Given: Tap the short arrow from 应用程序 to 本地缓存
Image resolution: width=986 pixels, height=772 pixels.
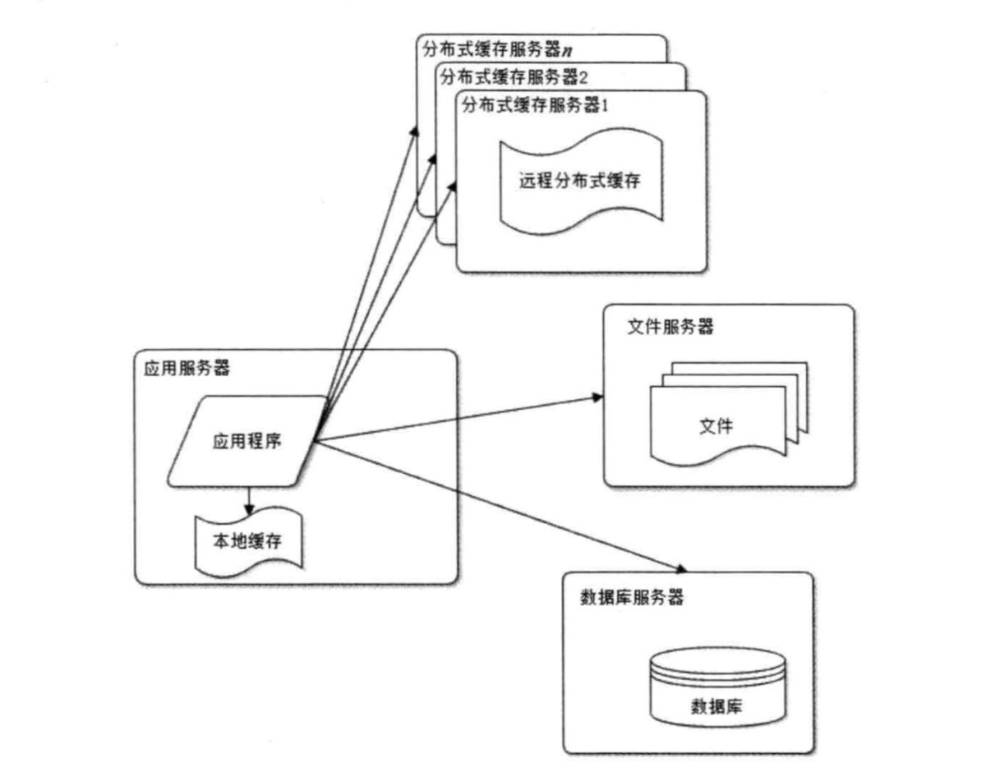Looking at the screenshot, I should [250, 499].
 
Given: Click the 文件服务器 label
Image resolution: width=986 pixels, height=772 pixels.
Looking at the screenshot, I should [670, 327].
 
